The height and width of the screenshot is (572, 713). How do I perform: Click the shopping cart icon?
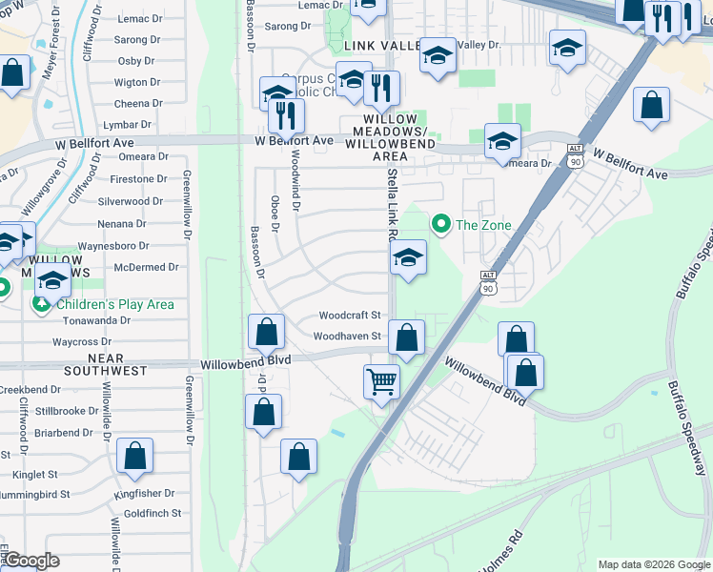pyautogui.click(x=381, y=381)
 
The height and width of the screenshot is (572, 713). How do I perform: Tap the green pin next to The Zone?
pyautogui.click(x=440, y=225)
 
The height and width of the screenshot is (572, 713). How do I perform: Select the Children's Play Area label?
pyautogui.click(x=115, y=304)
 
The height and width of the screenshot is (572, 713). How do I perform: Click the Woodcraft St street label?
pyautogui.click(x=350, y=315)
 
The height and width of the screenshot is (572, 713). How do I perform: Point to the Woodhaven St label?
pyautogui.click(x=347, y=336)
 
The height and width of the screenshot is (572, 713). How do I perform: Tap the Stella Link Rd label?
pyautogui.click(x=391, y=206)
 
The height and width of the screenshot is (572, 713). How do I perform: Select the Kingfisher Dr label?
pyautogui.click(x=143, y=493)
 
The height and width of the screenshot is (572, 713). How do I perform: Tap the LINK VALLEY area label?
pyautogui.click(x=383, y=46)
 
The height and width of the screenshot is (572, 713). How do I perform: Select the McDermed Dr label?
pyautogui.click(x=147, y=268)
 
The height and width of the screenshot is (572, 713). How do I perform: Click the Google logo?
pyautogui.click(x=32, y=561)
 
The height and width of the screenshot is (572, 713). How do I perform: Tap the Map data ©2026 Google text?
pyautogui.click(x=653, y=564)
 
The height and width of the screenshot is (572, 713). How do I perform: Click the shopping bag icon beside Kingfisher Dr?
pyautogui.click(x=134, y=457)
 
